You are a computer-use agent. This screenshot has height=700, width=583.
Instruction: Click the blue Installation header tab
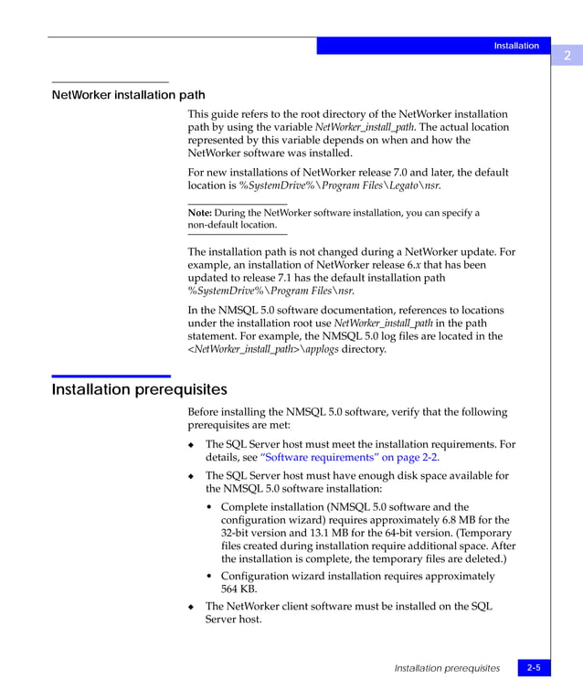[516, 46]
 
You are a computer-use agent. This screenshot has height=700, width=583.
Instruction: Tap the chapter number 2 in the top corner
[567, 56]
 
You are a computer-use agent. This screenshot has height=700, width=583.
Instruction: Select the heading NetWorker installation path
[128, 95]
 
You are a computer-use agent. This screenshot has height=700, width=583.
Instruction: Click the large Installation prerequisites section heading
[139, 390]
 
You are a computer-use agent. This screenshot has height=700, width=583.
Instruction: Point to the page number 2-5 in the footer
[533, 668]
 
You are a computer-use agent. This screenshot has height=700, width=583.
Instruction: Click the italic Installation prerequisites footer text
[447, 668]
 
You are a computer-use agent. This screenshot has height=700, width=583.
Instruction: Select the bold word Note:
[200, 213]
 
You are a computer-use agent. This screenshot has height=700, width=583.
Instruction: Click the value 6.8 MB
[451, 520]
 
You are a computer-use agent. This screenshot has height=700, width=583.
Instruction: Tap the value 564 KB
[239, 589]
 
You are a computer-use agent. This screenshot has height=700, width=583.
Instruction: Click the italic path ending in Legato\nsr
[340, 186]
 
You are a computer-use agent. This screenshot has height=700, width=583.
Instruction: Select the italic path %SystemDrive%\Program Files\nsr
[270, 292]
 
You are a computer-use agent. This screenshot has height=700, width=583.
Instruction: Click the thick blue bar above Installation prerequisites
[111, 376]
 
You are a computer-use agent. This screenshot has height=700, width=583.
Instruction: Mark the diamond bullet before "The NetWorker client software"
[191, 607]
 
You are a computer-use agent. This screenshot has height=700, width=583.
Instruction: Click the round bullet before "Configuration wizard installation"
[210, 577]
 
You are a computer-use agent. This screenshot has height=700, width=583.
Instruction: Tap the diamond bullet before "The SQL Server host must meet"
[191, 445]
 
